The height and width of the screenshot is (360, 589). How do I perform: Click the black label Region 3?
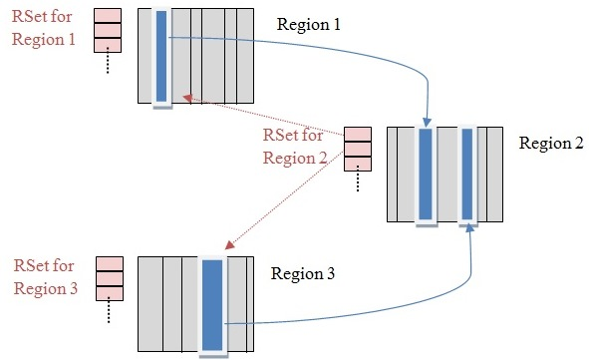[303, 271]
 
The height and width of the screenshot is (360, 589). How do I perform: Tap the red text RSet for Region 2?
[294, 146]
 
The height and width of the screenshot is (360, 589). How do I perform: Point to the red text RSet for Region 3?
[44, 276]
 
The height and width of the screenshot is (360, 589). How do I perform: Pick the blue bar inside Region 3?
[212, 304]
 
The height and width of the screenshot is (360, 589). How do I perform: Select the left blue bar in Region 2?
[426, 174]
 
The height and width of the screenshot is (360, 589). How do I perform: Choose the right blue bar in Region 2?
[467, 174]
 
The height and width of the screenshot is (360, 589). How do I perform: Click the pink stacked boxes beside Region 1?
[107, 30]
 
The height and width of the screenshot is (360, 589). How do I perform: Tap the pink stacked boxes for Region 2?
[357, 149]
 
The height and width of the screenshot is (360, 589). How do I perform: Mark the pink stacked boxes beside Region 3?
[108, 278]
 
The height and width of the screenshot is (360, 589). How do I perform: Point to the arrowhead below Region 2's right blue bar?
[467, 231]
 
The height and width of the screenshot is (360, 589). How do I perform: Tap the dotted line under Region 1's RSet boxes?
[107, 65]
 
